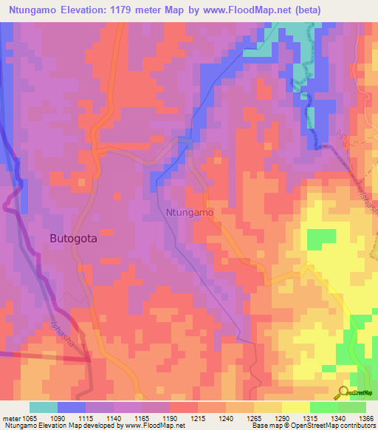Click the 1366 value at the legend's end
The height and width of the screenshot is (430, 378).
coord(365,418)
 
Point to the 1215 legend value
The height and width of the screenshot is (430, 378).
coord(197,418)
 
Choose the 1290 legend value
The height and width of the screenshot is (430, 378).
coord(281,418)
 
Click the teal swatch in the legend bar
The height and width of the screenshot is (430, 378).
coord(44,407)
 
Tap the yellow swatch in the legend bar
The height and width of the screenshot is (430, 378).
coord(295,407)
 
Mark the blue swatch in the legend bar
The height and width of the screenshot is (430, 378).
coord(72,407)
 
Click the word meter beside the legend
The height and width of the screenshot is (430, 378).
coord(10,418)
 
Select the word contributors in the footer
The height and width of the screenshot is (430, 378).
coord(357,426)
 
